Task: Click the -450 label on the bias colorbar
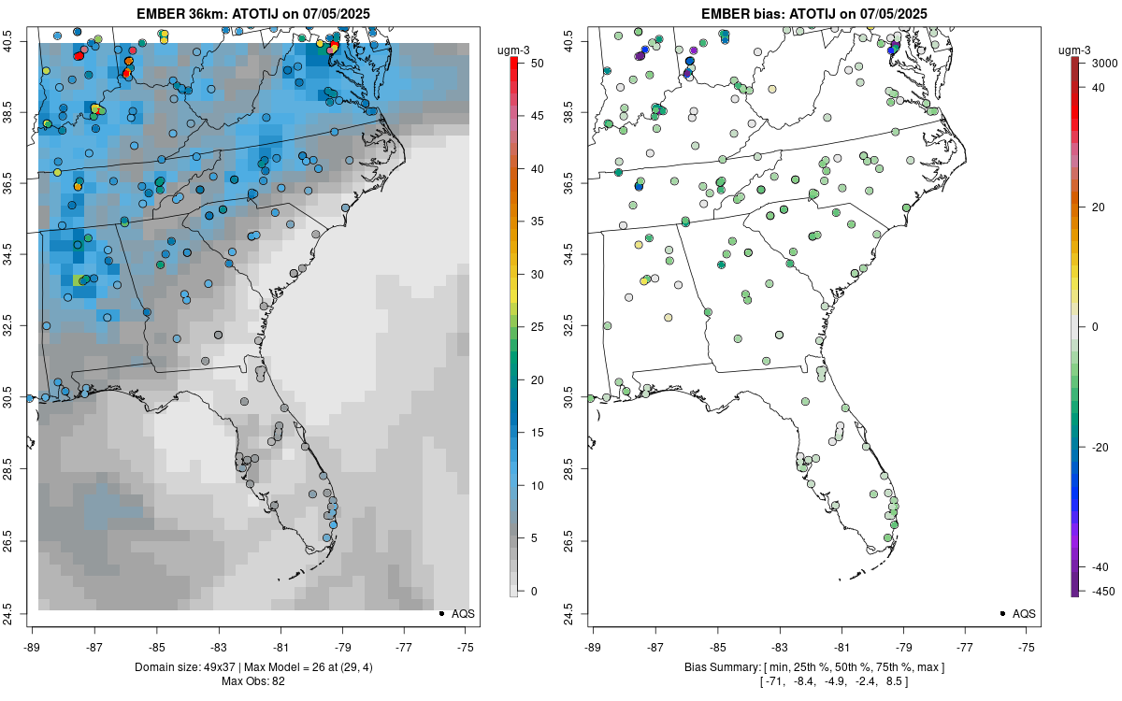1101,591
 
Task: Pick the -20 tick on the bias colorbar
1101,448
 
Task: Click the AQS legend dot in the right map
1002,614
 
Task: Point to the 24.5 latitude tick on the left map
21,614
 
